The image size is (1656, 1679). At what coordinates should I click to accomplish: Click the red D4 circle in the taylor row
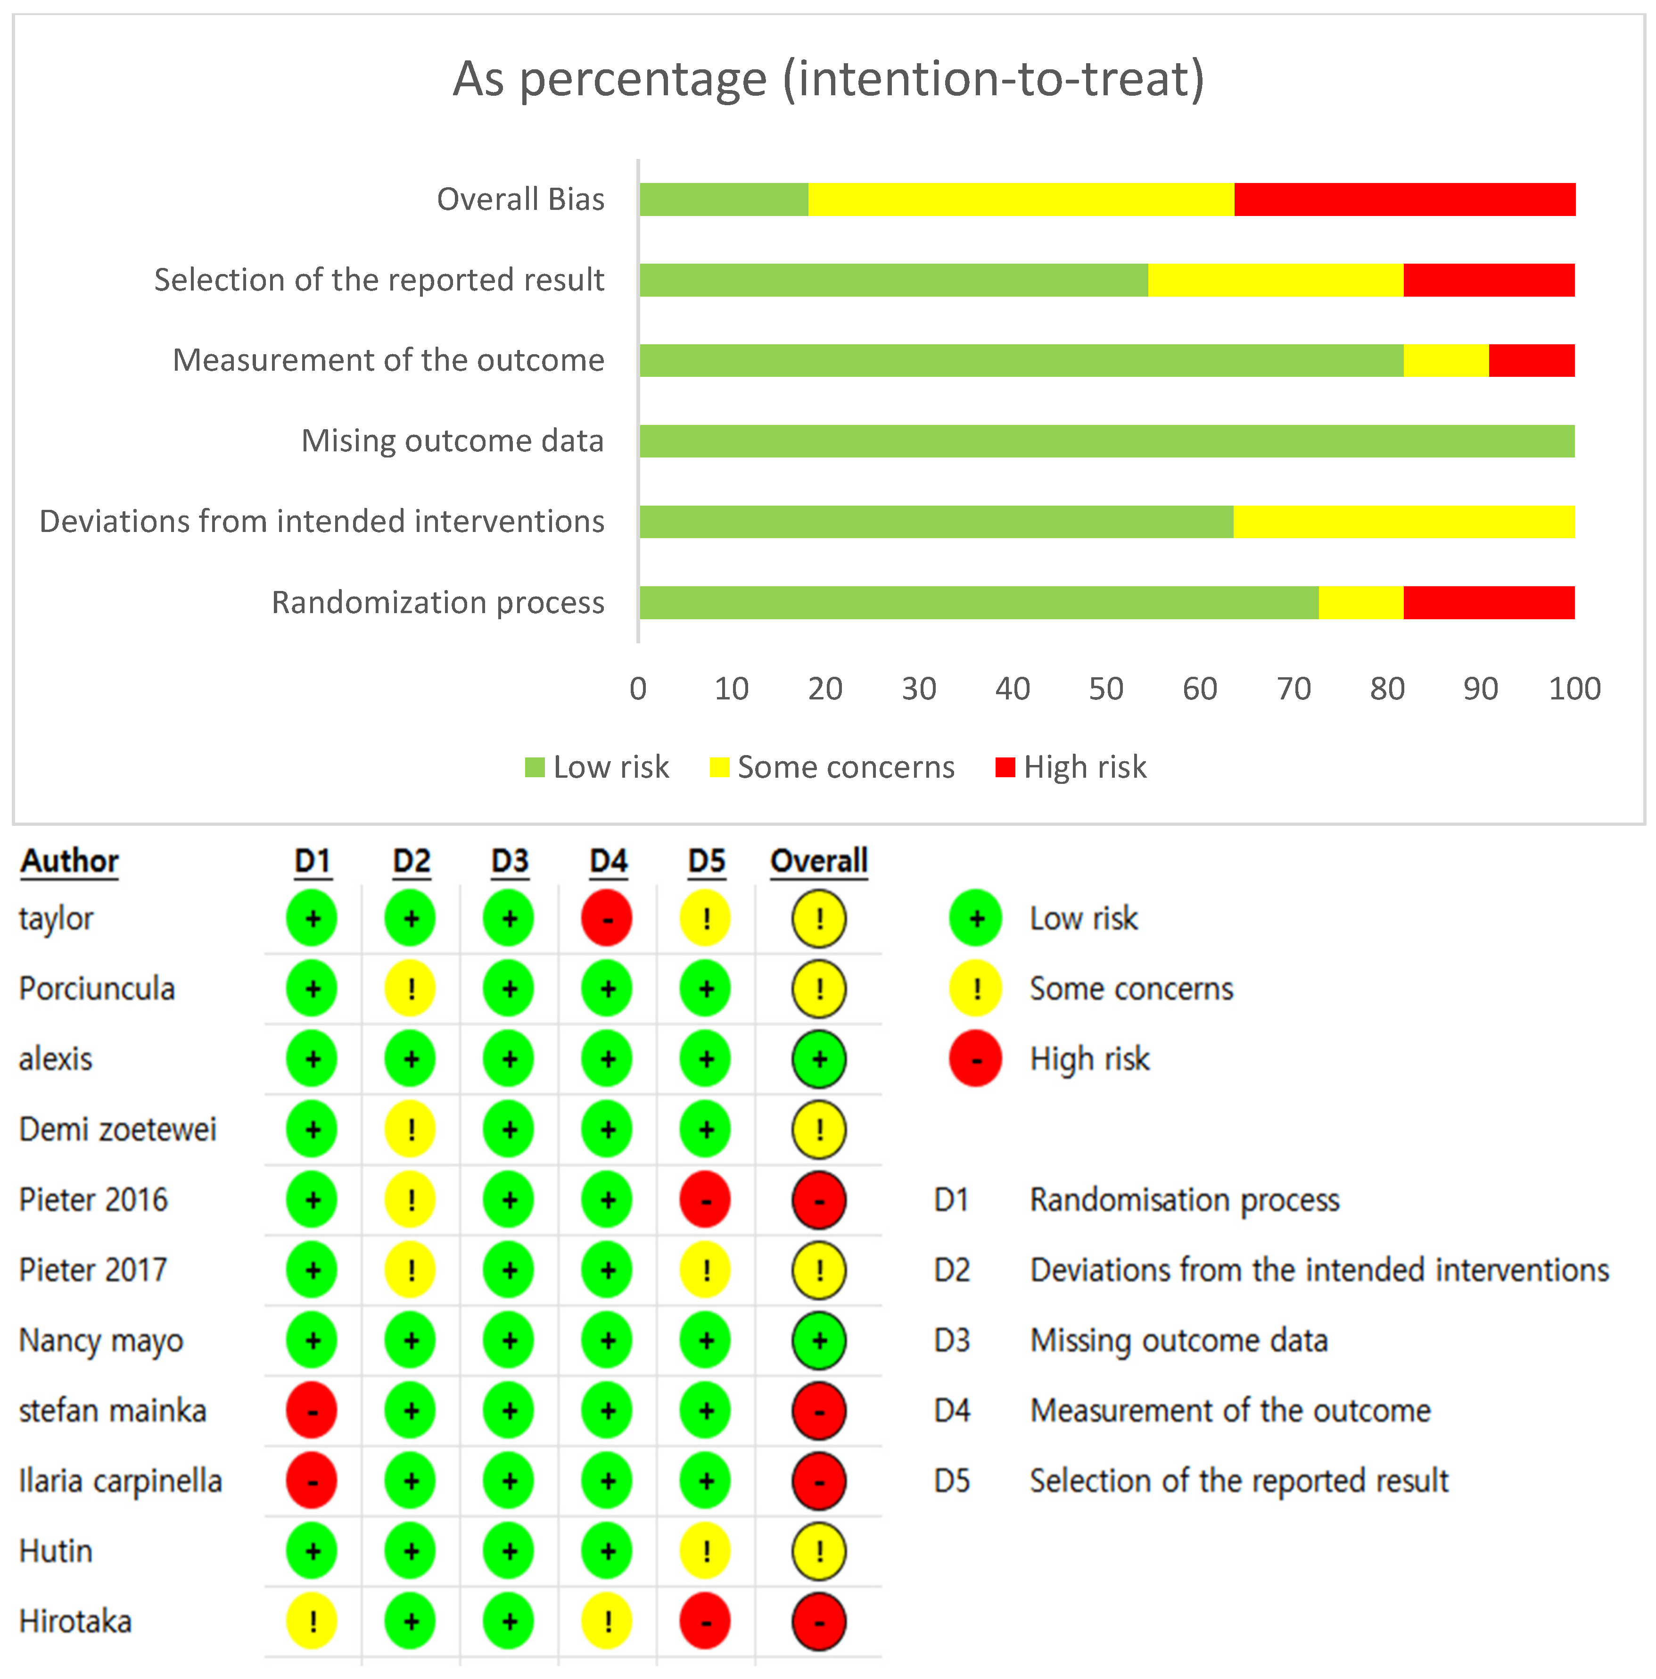point(607,918)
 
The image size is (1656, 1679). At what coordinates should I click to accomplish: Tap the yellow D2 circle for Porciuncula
point(410,988)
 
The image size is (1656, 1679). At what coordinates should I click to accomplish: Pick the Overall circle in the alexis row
point(818,1058)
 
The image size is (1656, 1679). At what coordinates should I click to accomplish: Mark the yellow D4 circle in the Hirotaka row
point(607,1621)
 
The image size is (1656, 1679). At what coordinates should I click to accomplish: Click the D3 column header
point(510,861)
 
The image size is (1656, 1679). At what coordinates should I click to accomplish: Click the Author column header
point(69,861)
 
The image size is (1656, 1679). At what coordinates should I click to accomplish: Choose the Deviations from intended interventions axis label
point(322,522)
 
